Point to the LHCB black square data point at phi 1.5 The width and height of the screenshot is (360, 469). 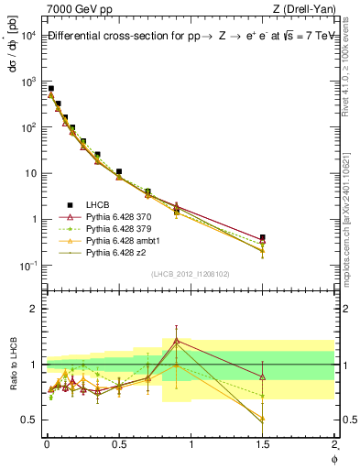pos(263,237)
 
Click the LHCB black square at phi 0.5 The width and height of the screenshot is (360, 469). pos(119,171)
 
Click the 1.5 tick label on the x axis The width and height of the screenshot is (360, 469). pos(263,444)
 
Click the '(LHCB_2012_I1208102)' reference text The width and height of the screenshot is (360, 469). pos(191,274)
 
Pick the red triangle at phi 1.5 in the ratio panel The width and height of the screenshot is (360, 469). pos(263,376)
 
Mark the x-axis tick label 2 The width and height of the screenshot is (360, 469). pos(333,444)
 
